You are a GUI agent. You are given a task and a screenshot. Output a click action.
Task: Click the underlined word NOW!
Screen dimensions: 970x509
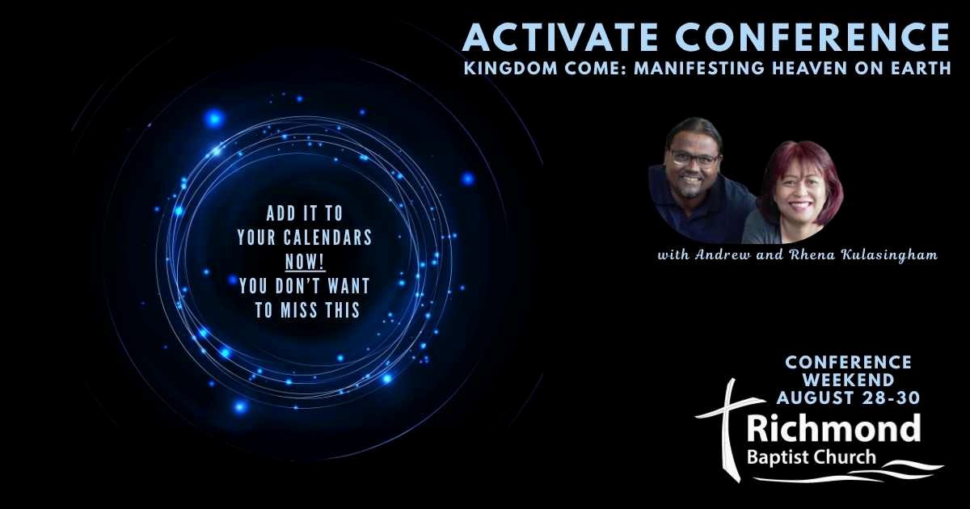pyautogui.click(x=305, y=262)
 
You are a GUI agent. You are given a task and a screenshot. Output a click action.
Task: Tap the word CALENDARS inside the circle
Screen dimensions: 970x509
pyautogui.click(x=328, y=238)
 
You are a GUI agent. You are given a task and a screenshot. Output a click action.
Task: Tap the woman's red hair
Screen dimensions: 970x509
pyautogui.click(x=800, y=173)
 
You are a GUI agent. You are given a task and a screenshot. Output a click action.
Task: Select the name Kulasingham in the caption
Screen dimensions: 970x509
pyautogui.click(x=889, y=255)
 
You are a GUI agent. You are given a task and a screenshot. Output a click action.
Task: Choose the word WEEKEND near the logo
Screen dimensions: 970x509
pyautogui.click(x=848, y=380)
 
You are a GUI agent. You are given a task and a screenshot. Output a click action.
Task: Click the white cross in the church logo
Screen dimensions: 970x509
pyautogui.click(x=731, y=428)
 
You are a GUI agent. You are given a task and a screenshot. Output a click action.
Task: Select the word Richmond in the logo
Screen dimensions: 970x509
pyautogui.click(x=833, y=427)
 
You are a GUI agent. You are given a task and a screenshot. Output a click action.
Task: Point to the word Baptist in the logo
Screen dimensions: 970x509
pyautogui.click(x=774, y=457)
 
